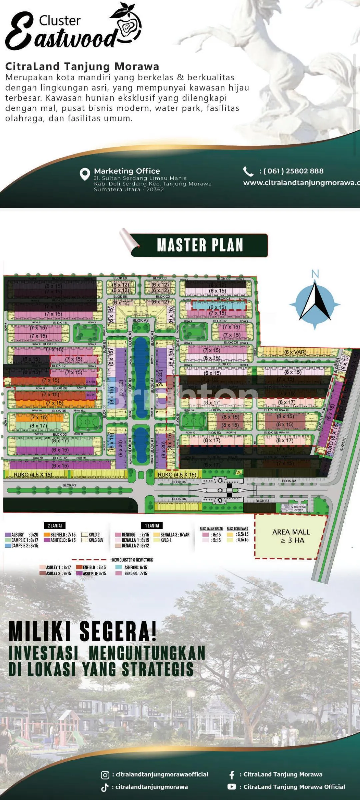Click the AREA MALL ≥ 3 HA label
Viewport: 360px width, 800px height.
pos(291,536)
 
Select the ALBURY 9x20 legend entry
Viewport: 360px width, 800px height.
pos(22,535)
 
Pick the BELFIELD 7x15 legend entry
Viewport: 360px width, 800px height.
pos(60,535)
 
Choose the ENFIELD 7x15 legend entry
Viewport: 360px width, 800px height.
pos(91,567)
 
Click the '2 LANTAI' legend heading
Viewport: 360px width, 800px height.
pos(55,526)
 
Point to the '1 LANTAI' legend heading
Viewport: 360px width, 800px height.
pos(152,526)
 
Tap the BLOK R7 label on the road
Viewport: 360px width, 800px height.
pos(69,485)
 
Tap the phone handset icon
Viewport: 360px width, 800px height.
pos(248,171)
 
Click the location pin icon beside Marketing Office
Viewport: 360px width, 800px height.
pos(85,174)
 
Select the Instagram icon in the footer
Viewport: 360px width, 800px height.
pos(105,775)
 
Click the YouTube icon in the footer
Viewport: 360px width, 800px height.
pos(232,787)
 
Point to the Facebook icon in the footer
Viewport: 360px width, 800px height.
pos(232,775)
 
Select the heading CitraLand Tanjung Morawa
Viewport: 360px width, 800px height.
pos(82,66)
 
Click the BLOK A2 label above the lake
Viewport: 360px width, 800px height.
pos(140,320)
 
